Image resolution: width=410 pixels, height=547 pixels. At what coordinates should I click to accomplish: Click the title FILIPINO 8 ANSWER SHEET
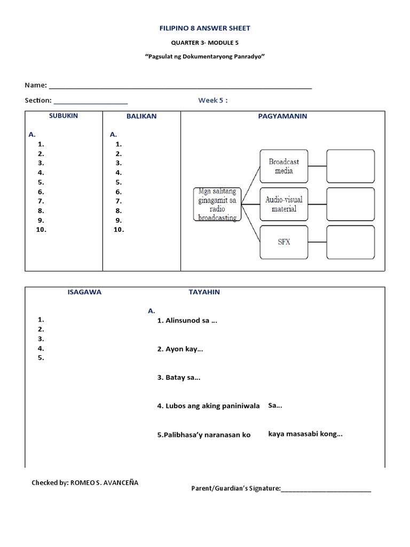(206, 28)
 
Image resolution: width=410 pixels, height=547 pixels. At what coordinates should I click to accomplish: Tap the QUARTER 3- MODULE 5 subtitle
(206, 42)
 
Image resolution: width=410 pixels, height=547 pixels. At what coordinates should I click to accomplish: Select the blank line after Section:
(91, 103)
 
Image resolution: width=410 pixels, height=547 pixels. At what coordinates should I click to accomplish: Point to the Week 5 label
(213, 100)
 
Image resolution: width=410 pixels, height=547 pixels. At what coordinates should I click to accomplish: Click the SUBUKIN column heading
(64, 116)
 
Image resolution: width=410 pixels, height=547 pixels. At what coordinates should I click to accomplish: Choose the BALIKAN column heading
(141, 116)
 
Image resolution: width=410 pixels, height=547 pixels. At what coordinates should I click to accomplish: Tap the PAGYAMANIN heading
(282, 116)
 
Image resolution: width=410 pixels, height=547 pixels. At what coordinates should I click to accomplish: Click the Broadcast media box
(284, 166)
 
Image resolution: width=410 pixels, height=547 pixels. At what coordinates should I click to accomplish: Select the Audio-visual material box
(284, 204)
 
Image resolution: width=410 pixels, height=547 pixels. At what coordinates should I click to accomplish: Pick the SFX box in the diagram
(284, 242)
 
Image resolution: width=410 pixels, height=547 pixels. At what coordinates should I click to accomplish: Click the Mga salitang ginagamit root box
(217, 204)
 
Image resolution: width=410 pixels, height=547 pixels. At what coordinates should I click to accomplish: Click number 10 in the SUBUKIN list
(42, 230)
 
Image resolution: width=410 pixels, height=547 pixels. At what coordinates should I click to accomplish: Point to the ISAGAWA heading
(84, 292)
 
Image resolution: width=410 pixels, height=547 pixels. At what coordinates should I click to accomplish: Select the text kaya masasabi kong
(305, 434)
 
